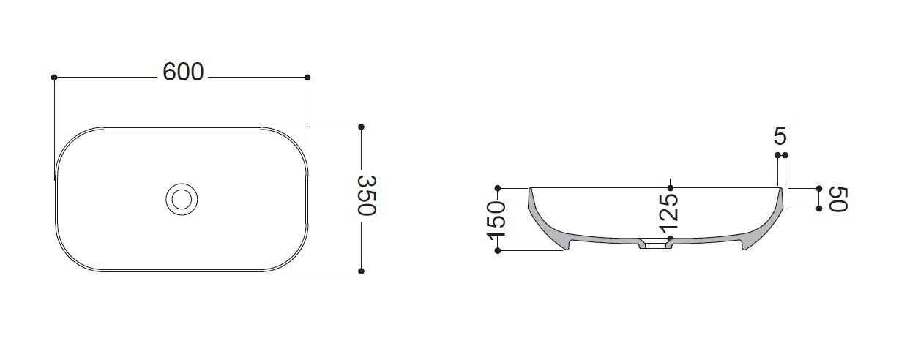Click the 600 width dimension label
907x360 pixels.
pyautogui.click(x=183, y=72)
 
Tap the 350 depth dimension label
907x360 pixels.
pyautogui.click(x=367, y=195)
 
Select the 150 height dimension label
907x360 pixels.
pyautogui.click(x=496, y=220)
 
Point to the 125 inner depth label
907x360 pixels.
pyautogui.click(x=668, y=214)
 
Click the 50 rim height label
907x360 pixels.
pyautogui.click(x=838, y=199)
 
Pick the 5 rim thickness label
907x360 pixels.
pyautogui.click(x=780, y=135)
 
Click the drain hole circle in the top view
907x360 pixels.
pyautogui.click(x=182, y=199)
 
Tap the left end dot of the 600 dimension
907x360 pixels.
pyautogui.click(x=54, y=78)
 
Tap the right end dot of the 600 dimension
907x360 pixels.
pyautogui.click(x=307, y=78)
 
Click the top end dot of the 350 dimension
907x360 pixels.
pyautogui.click(x=361, y=127)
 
